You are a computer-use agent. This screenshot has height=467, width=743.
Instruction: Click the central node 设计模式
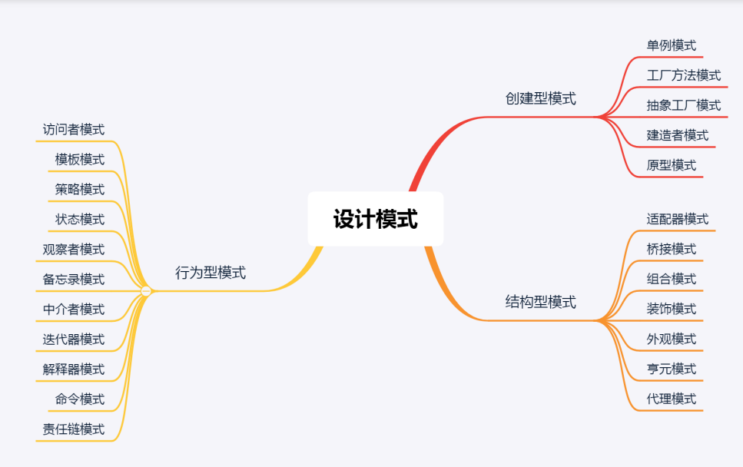pos(375,220)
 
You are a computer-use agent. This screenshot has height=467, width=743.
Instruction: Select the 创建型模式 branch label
pos(540,98)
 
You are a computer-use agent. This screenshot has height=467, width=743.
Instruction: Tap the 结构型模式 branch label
pos(540,302)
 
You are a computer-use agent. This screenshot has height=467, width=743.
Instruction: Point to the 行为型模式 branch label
pos(211,273)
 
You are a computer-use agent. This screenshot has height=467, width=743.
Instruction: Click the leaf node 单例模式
pos(671,45)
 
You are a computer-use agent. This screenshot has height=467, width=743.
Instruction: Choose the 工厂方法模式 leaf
pos(683,75)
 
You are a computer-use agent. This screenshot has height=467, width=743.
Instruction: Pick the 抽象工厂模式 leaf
pos(683,105)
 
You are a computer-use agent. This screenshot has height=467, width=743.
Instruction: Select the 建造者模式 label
pos(677,135)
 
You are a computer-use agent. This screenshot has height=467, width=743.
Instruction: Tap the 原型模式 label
pos(671,165)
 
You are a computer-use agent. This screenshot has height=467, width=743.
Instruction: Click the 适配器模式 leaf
pos(677,219)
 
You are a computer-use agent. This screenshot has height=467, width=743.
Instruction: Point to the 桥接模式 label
pos(671,249)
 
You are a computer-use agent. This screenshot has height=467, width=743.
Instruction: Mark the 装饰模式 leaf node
pos(671,309)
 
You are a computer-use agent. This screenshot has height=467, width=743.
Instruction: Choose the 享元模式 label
pos(671,369)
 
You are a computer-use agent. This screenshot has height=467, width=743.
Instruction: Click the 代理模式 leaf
pos(671,399)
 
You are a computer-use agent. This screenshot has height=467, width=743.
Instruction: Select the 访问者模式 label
pos(74,130)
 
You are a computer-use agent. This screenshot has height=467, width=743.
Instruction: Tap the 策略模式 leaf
pos(80,189)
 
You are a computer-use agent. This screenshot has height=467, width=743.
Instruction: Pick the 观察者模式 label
pos(74,249)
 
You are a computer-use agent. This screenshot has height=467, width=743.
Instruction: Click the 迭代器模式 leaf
pos(74,339)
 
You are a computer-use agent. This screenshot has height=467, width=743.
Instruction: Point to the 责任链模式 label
pos(74,429)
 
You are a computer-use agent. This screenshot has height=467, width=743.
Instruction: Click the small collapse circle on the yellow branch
pos(146,291)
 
